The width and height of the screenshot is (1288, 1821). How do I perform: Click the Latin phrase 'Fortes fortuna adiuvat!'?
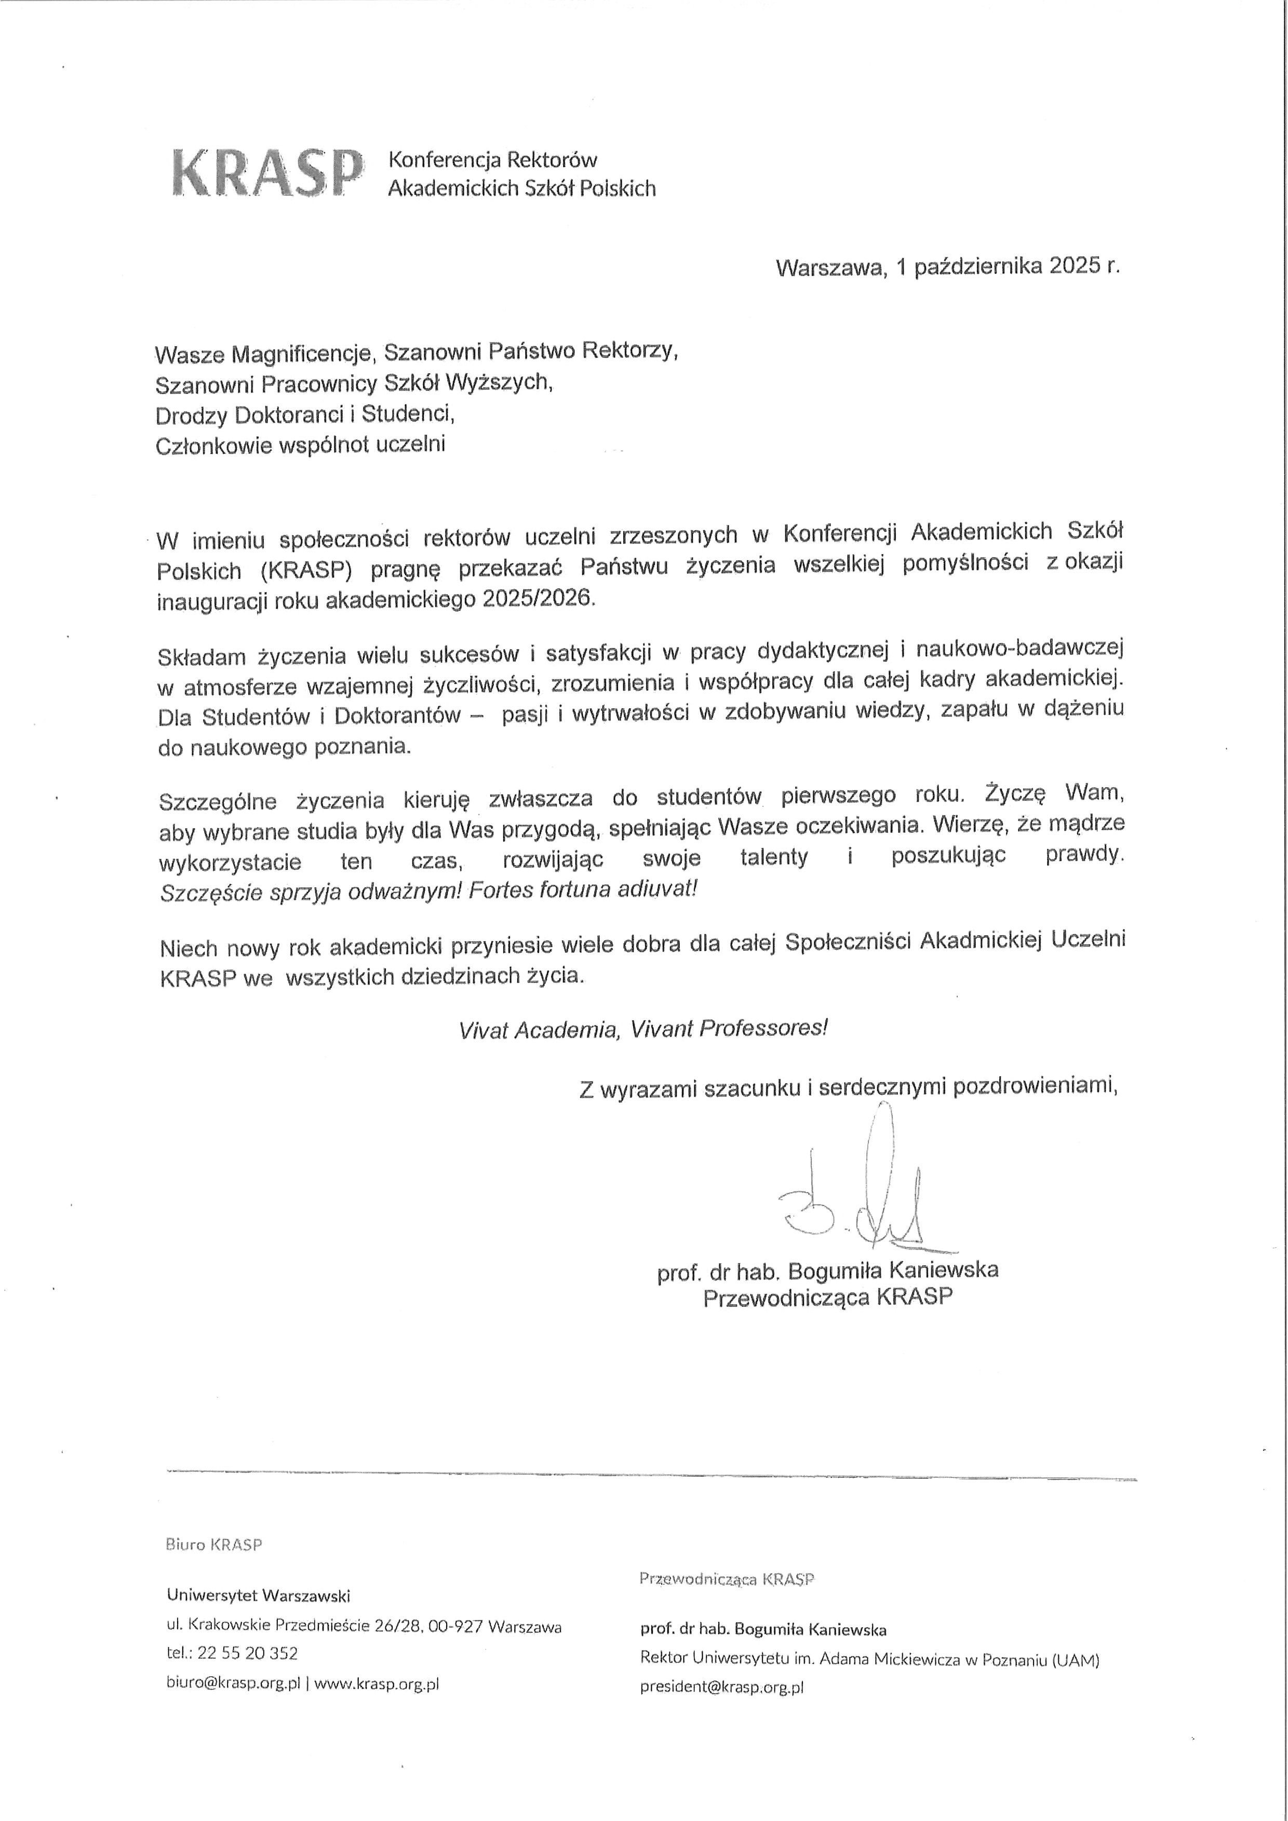tap(583, 889)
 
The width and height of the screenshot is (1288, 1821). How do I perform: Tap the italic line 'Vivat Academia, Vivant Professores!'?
tap(643, 1029)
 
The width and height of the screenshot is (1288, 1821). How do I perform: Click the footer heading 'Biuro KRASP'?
tap(213, 1544)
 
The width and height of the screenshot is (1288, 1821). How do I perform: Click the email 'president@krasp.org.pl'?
tap(722, 1687)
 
